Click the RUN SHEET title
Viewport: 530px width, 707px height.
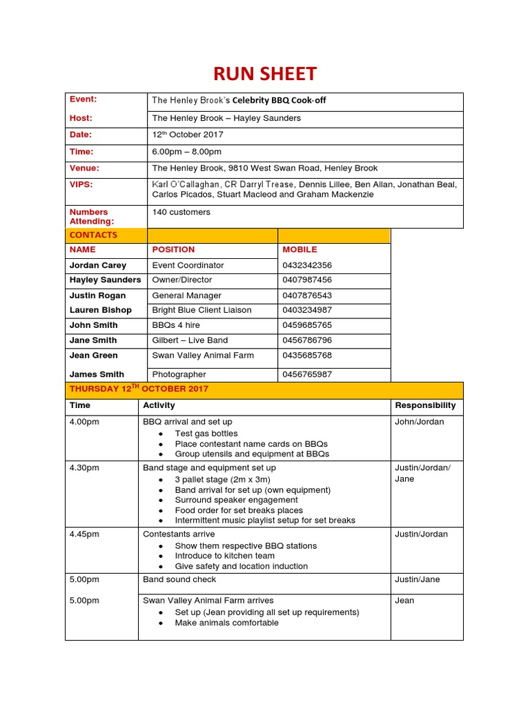(265, 73)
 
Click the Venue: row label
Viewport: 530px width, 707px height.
(85, 168)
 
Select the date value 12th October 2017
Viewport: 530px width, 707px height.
(188, 135)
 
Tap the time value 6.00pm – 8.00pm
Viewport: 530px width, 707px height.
(186, 151)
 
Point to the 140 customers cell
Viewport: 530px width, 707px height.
(181, 212)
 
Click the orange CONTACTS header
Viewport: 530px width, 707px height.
(94, 235)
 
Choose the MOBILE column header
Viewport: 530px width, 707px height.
(300, 249)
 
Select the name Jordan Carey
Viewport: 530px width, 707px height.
(98, 265)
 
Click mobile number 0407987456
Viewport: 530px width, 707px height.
(307, 280)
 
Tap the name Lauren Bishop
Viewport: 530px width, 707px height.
(101, 310)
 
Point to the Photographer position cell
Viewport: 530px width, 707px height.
(179, 374)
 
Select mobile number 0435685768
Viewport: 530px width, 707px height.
(307, 356)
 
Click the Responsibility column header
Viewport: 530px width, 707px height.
(425, 405)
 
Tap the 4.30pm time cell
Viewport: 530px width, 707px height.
(84, 467)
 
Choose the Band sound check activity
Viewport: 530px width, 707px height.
(179, 579)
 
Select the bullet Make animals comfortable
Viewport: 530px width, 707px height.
(226, 623)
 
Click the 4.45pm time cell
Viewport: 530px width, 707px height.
(84, 534)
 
